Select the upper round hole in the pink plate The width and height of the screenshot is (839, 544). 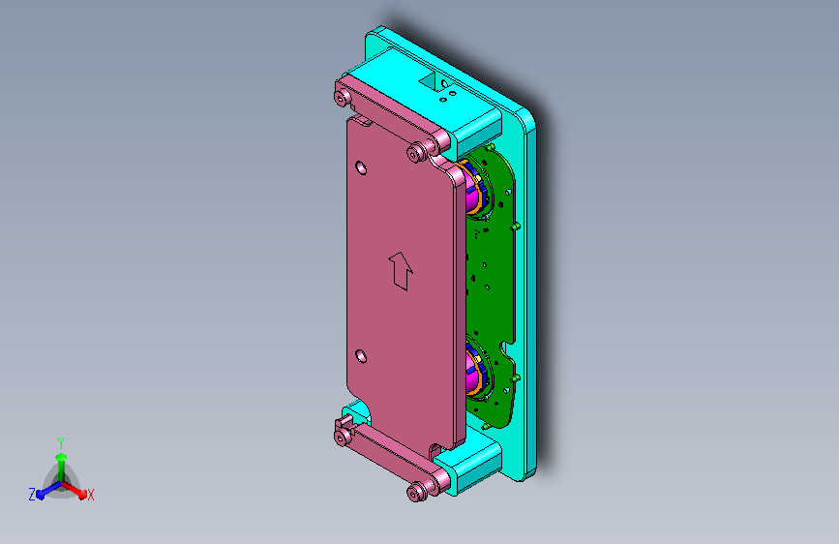click(x=362, y=167)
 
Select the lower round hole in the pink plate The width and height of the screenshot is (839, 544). click(x=362, y=356)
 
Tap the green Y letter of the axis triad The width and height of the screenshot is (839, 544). click(x=60, y=441)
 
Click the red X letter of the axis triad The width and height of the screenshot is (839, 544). click(x=90, y=495)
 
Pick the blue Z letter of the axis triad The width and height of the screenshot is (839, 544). click(x=32, y=494)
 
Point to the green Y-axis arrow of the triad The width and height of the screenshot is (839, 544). click(x=61, y=461)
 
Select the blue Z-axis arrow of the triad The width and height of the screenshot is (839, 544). click(x=45, y=491)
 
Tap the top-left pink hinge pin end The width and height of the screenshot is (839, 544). click(x=342, y=97)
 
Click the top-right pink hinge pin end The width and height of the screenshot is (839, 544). click(x=418, y=151)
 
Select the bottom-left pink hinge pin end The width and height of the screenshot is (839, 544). click(x=342, y=438)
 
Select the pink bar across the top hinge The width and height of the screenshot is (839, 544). click(x=382, y=114)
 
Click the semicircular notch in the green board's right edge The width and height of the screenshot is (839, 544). click(x=506, y=348)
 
